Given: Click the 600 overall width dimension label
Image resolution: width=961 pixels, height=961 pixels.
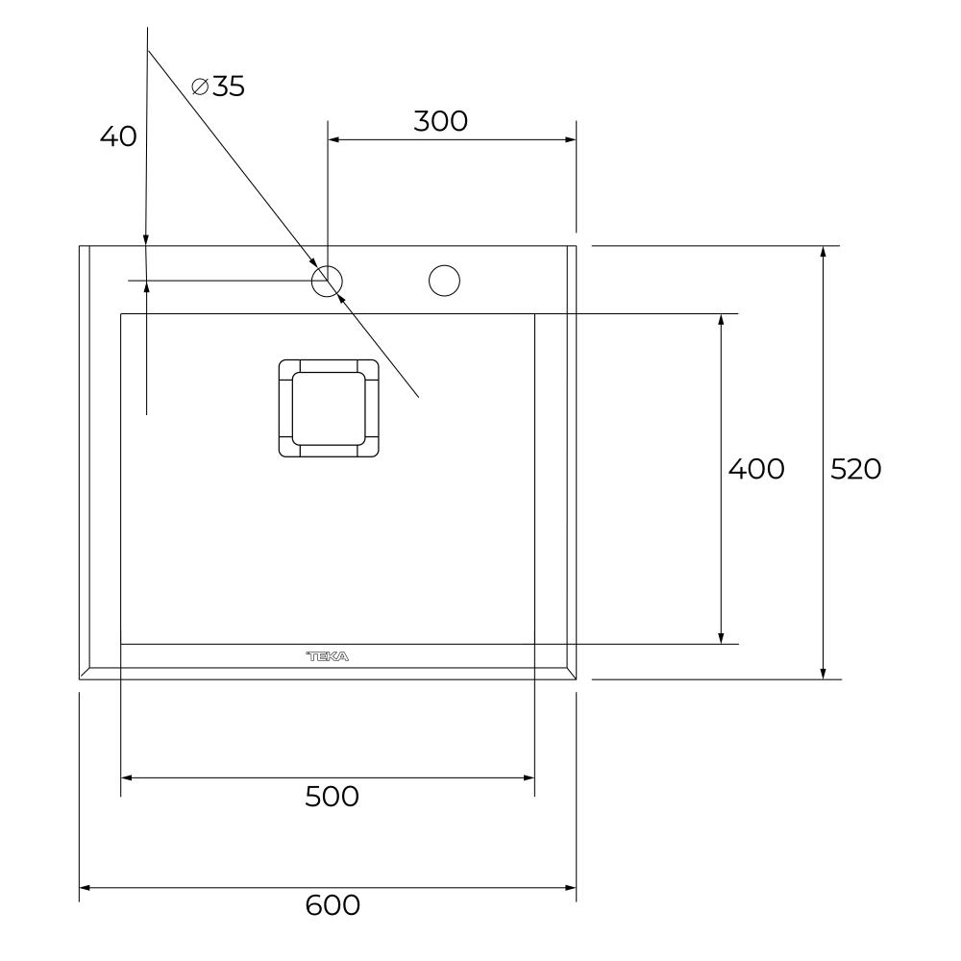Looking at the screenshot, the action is (x=333, y=905).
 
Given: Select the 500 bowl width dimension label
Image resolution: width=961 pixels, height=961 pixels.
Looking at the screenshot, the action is (x=332, y=797).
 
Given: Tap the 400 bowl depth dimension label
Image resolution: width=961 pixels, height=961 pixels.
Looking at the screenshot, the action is (x=756, y=470).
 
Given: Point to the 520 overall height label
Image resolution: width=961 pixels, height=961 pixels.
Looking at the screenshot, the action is (x=855, y=470).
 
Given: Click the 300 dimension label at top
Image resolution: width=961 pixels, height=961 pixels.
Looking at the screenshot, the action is (x=441, y=121).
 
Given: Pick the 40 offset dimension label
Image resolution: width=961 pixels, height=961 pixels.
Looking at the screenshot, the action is (x=118, y=136).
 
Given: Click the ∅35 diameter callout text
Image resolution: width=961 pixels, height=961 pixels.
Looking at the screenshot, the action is (x=218, y=86).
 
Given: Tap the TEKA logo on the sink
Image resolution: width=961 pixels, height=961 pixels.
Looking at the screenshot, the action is (x=328, y=656).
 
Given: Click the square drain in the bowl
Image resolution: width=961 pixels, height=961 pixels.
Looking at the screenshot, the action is (x=329, y=408).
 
